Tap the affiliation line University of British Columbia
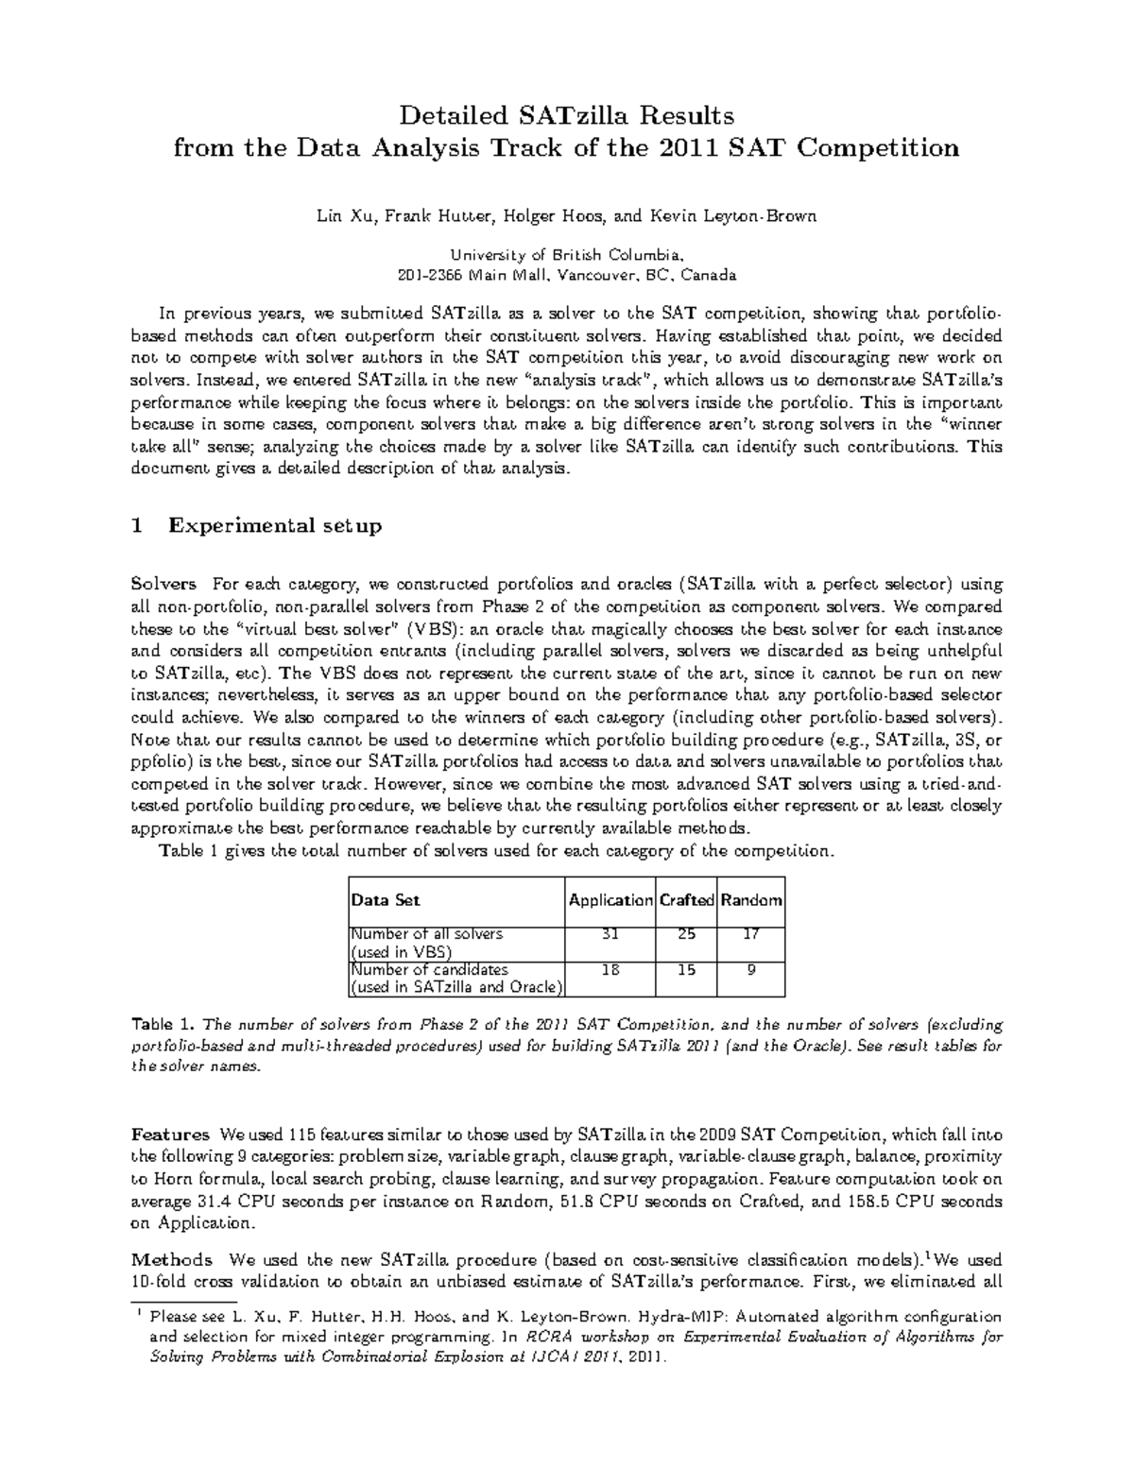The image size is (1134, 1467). (565, 255)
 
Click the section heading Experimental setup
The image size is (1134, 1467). (275, 526)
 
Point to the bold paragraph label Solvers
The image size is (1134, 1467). (163, 584)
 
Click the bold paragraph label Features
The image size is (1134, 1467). (170, 1134)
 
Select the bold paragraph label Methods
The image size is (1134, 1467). (171, 1259)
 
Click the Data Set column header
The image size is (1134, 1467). (386, 900)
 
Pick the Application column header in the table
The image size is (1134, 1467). (610, 900)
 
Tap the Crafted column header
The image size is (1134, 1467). (686, 900)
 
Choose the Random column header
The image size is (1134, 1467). (751, 900)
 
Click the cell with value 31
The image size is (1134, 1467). (610, 934)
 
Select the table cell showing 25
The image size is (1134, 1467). (686, 934)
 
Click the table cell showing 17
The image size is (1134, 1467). (751, 934)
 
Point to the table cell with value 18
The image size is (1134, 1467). (610, 969)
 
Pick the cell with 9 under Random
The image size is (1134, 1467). (751, 969)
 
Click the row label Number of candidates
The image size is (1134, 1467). (430, 969)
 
